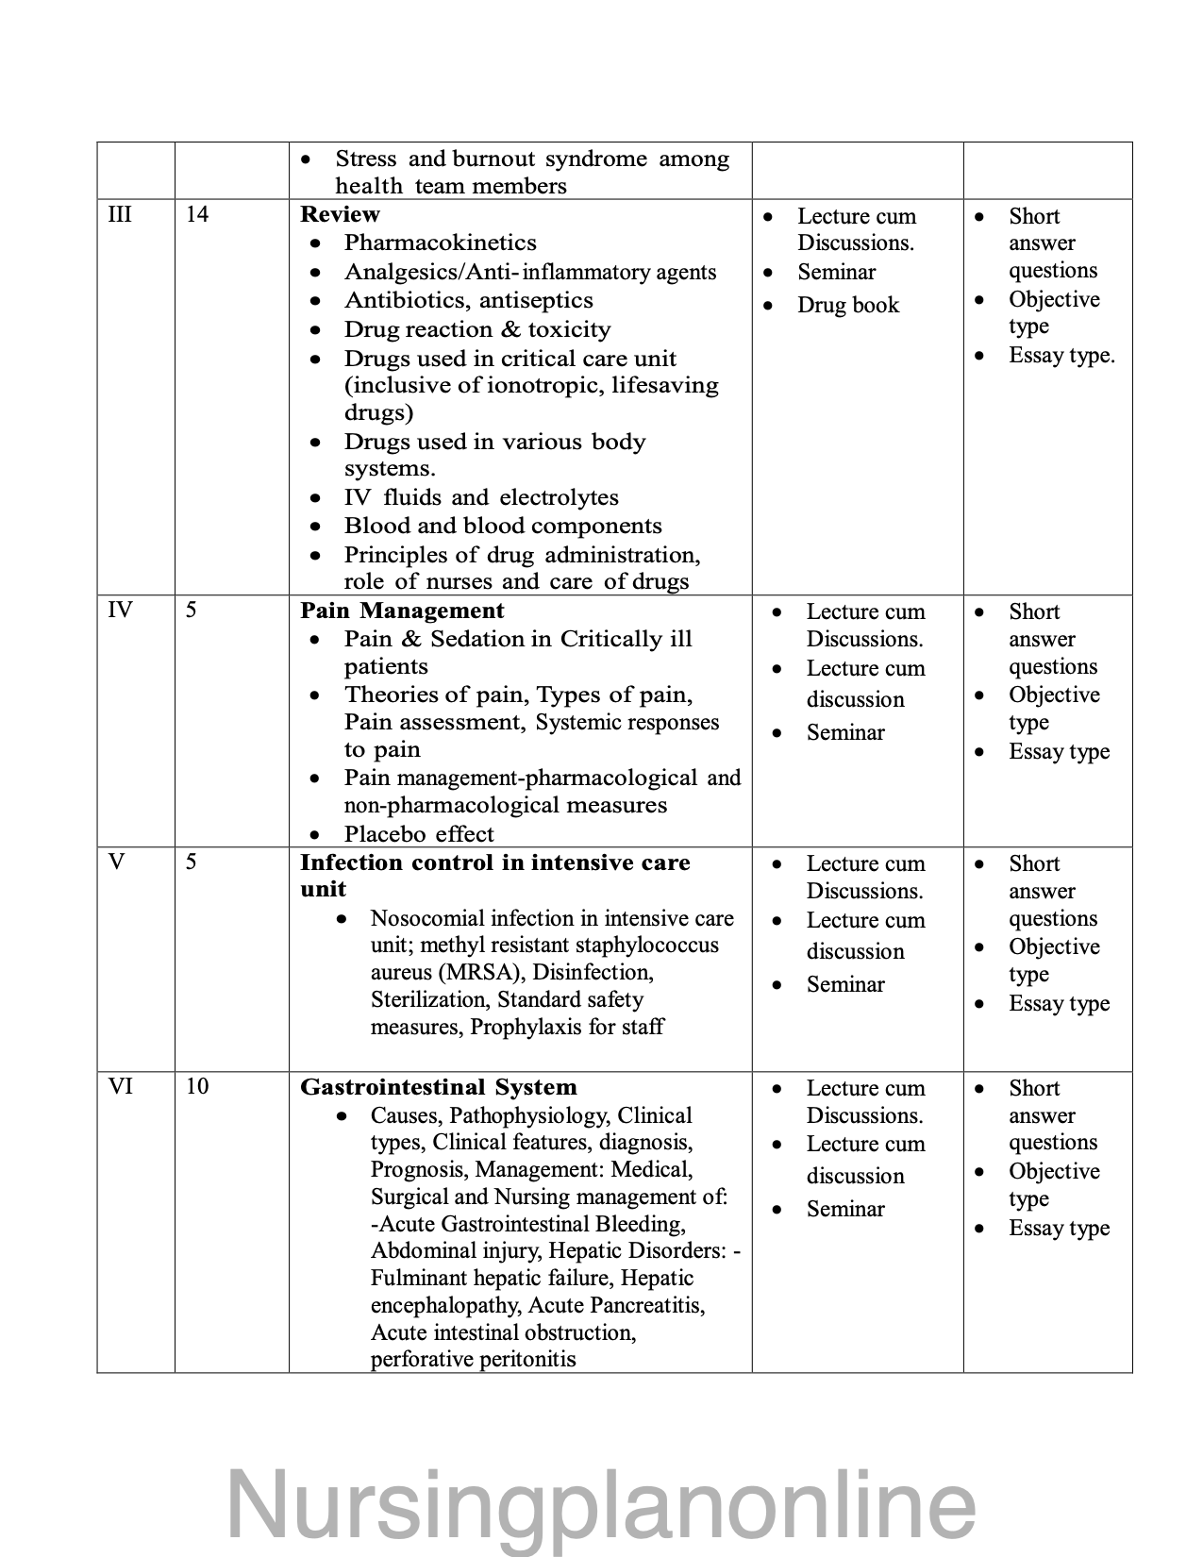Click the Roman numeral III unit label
tap(120, 214)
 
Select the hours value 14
tap(196, 214)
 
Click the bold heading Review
tap(340, 214)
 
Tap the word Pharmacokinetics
tap(440, 243)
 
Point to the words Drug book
tap(848, 305)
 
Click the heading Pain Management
tap(402, 611)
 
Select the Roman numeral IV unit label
tap(120, 610)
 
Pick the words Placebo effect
tap(419, 834)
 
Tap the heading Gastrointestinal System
tap(438, 1087)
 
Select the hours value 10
tap(196, 1086)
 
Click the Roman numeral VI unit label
tap(120, 1086)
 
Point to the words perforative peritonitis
tap(473, 1360)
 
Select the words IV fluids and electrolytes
tap(481, 497)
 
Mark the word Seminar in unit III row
tap(836, 272)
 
